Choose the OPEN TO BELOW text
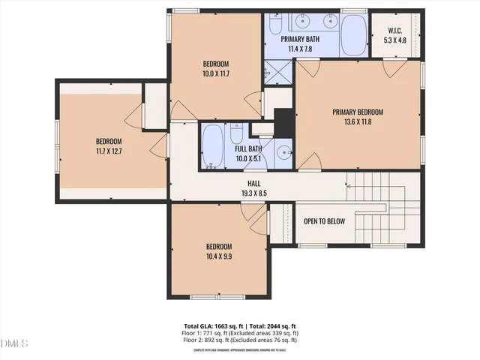[x=324, y=221]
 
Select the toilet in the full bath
[x=235, y=135]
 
